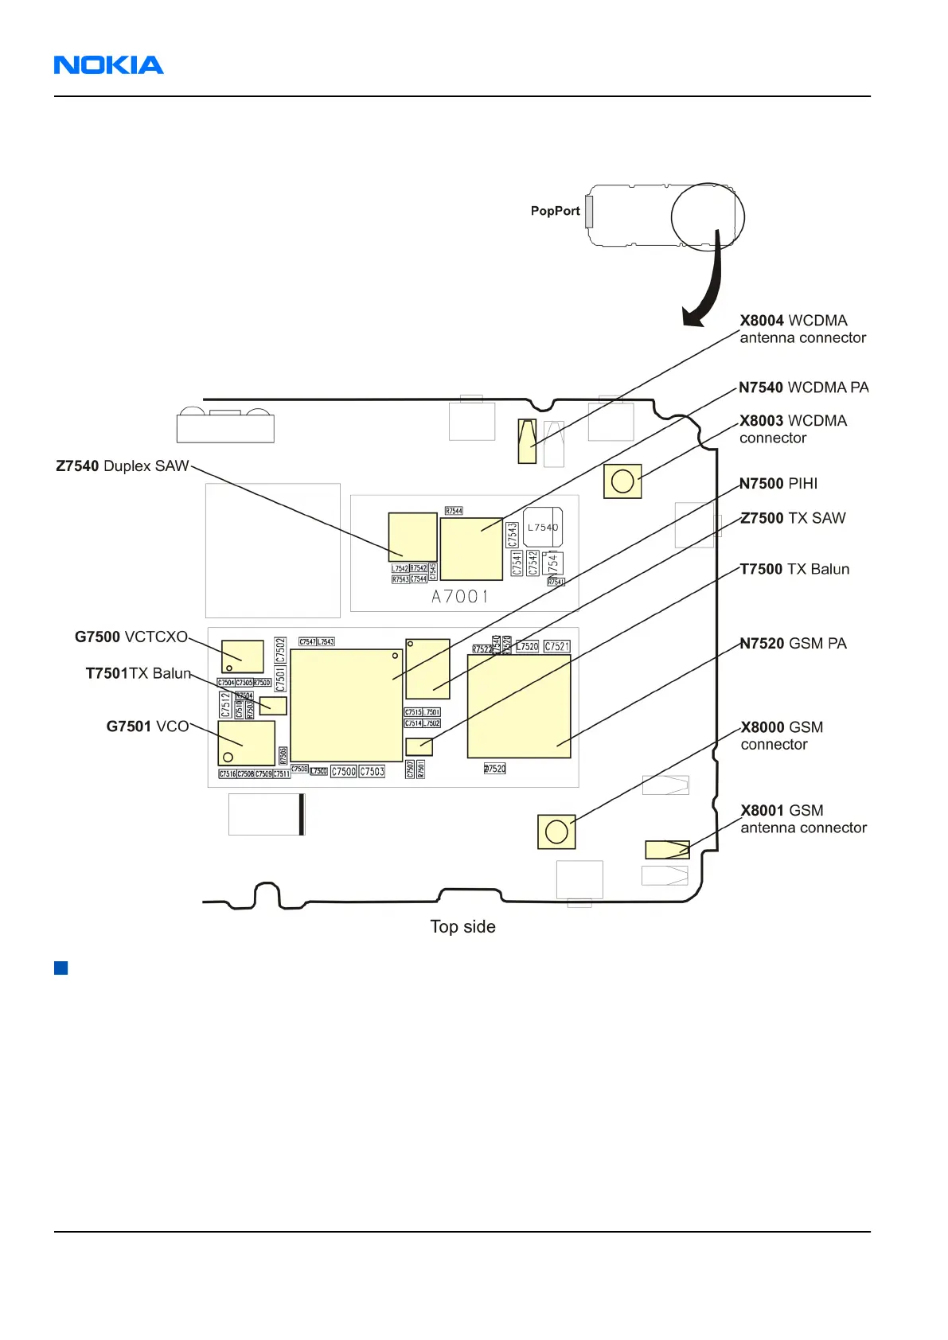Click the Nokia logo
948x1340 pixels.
coord(108,65)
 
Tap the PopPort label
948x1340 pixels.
coord(555,211)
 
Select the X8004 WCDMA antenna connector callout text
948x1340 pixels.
coord(802,329)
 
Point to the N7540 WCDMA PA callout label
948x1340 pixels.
coord(803,388)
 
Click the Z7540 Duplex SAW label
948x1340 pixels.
coord(122,466)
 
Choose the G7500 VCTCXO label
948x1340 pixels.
coord(131,637)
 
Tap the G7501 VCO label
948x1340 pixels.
coord(147,726)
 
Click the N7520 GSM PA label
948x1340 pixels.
coord(793,644)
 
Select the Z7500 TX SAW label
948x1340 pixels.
coord(793,519)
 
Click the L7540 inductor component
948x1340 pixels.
coord(543,527)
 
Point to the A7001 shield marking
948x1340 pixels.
coord(460,597)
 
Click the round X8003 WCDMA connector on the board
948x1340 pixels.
coord(622,481)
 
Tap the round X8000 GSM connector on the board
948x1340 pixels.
coord(556,832)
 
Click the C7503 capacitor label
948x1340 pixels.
coord(372,772)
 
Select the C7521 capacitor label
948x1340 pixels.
coord(557,647)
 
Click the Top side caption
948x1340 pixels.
coord(462,927)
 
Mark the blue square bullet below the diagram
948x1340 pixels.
coord(60,968)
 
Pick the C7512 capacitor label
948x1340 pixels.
coord(225,704)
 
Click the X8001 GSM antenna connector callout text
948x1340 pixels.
coord(803,819)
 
